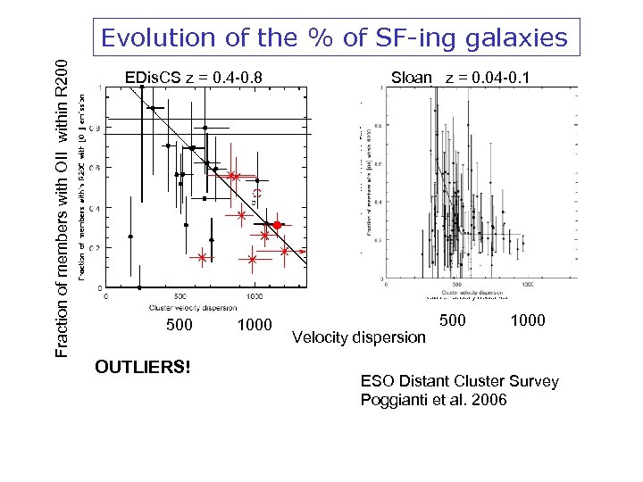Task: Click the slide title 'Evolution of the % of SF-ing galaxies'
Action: click(334, 37)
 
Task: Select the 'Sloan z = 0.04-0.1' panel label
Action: click(460, 78)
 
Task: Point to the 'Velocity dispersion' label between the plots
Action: click(359, 337)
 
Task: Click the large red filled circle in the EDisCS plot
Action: click(277, 226)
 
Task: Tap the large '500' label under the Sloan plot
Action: click(455, 320)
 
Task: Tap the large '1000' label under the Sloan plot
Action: click(528, 320)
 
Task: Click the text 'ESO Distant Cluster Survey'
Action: click(459, 381)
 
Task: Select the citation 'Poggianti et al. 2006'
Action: click(433, 399)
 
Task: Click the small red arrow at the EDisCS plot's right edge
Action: click(303, 252)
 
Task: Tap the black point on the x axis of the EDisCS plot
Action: click(140, 287)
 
